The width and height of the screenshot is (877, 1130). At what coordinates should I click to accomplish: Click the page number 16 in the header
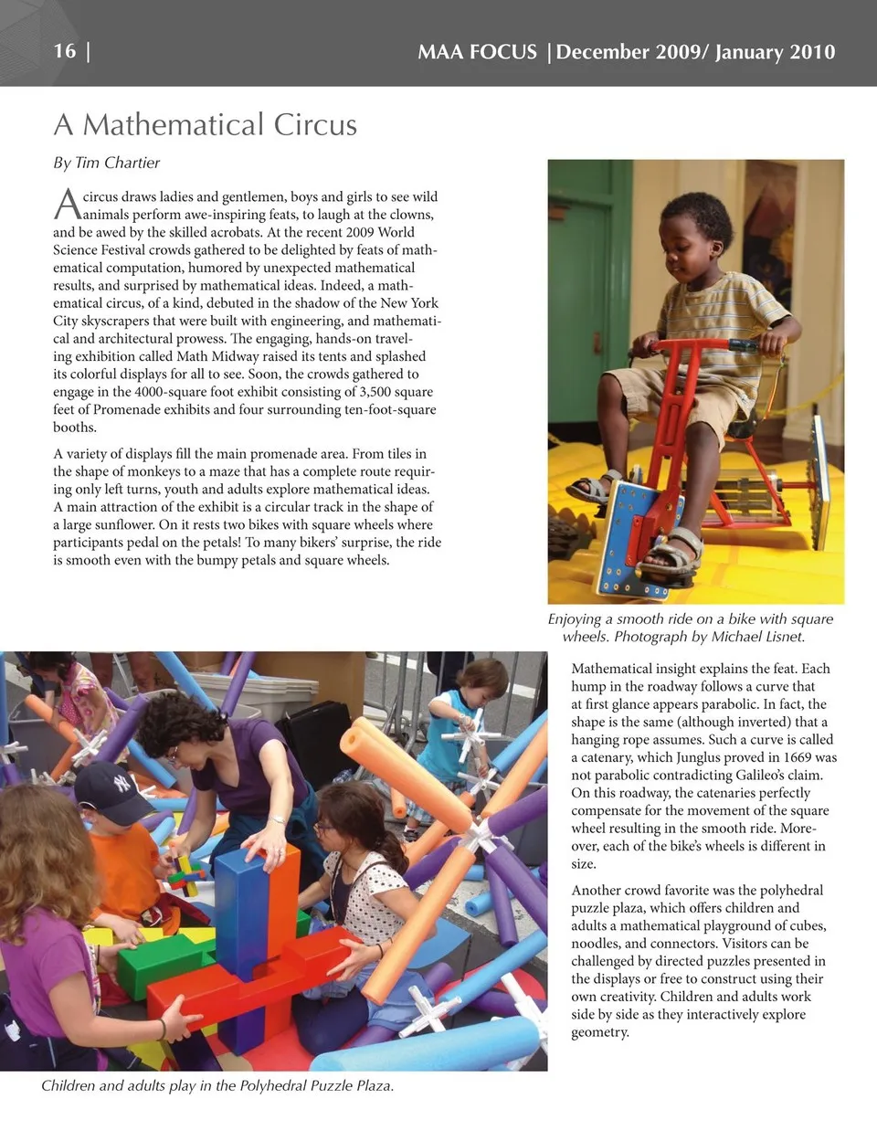pyautogui.click(x=65, y=51)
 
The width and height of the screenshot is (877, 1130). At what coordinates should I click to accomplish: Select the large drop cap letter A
pyautogui.click(x=66, y=205)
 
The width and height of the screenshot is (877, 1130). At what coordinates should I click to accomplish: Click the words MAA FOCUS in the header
pyautogui.click(x=477, y=52)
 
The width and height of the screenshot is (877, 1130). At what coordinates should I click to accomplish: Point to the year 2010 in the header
pyautogui.click(x=812, y=52)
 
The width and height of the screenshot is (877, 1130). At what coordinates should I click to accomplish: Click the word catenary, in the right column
pyautogui.click(x=599, y=757)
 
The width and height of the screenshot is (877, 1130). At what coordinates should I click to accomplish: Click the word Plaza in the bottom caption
pyautogui.click(x=369, y=1086)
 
